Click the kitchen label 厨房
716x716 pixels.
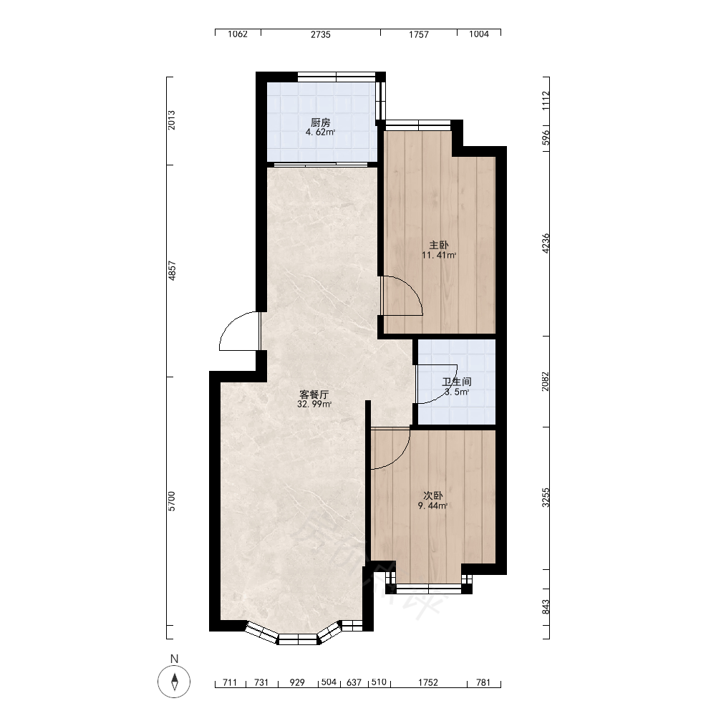click(321, 122)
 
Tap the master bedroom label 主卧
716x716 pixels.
click(438, 245)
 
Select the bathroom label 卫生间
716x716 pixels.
click(457, 382)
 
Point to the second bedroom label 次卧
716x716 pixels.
click(433, 495)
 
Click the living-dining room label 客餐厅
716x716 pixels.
click(314, 395)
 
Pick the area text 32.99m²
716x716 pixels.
click(314, 405)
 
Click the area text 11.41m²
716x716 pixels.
click(439, 256)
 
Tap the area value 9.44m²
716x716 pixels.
click(432, 505)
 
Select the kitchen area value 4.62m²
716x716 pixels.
click(320, 132)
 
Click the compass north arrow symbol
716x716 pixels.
click(174, 682)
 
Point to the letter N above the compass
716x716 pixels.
click(174, 659)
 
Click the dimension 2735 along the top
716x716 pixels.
click(321, 34)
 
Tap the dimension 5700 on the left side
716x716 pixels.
click(172, 501)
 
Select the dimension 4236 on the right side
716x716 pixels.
click(546, 243)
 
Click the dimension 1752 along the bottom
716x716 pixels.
click(428, 682)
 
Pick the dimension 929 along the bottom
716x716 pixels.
click(297, 682)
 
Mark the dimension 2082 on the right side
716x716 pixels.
click(546, 382)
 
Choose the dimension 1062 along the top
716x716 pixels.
click(238, 34)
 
